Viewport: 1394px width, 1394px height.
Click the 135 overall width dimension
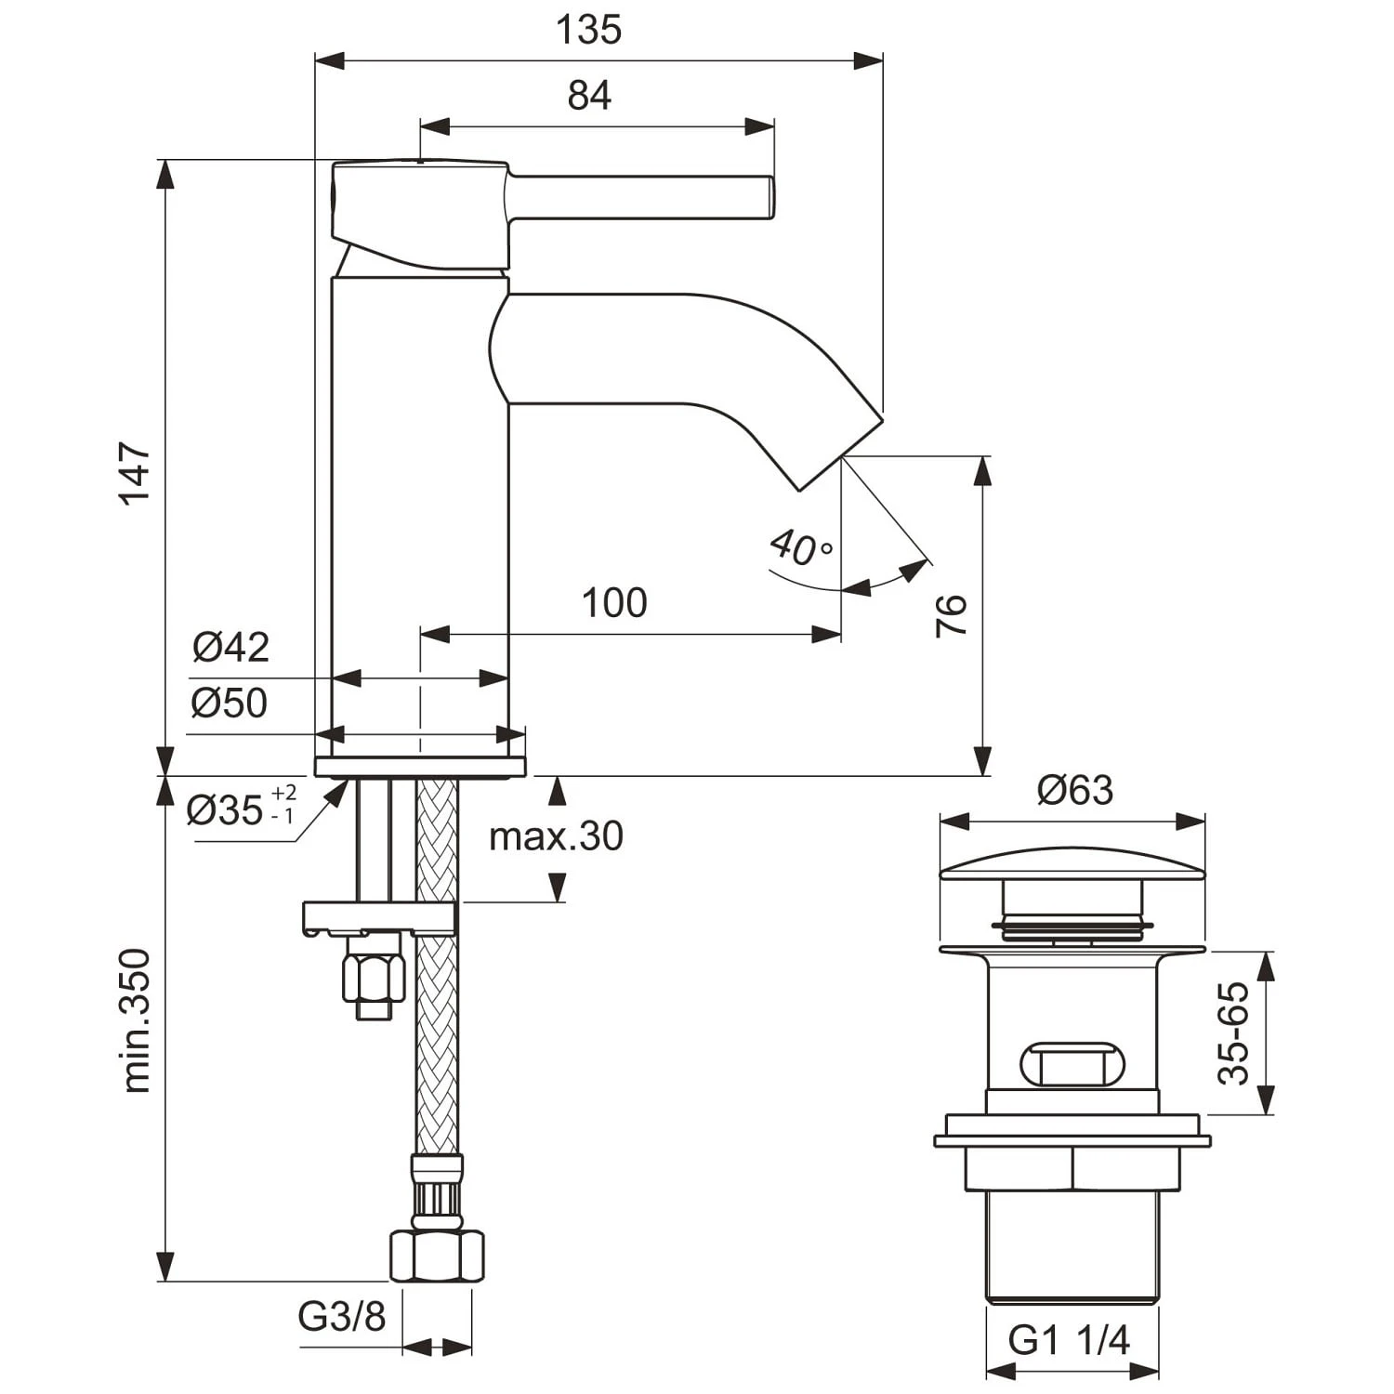click(x=588, y=30)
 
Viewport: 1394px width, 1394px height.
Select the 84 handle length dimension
click(x=589, y=96)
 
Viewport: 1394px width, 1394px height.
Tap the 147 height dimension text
click(x=136, y=474)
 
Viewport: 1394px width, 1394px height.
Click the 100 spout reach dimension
click(x=614, y=603)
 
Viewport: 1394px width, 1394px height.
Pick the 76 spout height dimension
click(x=951, y=615)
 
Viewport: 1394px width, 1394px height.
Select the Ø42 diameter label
click(x=231, y=647)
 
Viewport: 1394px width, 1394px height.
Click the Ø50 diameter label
click(x=230, y=704)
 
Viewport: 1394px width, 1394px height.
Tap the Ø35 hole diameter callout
click(x=240, y=809)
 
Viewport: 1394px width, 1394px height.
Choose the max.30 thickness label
click(x=556, y=836)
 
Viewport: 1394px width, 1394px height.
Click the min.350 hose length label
click(x=136, y=1020)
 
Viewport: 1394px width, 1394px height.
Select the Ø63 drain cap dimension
click(x=1074, y=790)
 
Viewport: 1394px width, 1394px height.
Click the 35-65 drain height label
click(x=1234, y=1032)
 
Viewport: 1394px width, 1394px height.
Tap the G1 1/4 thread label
click(x=1070, y=1339)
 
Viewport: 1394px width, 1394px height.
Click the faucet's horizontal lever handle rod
click(x=641, y=198)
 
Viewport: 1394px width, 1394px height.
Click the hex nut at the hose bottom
click(x=437, y=1256)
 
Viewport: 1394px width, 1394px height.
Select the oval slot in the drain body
click(x=1072, y=1064)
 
